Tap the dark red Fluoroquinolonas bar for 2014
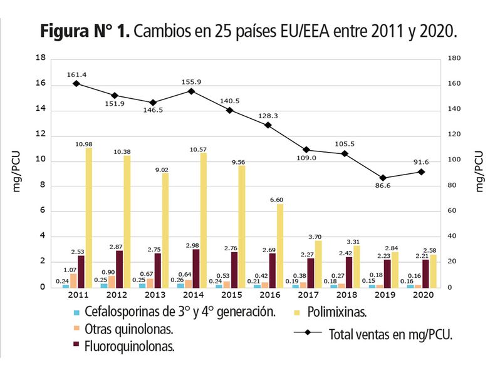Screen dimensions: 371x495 (195, 268)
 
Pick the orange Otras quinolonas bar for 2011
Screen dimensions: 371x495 (73, 280)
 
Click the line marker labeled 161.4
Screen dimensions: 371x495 (76, 83)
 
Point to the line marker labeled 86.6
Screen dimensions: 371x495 (383, 178)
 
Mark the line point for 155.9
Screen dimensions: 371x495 (191, 91)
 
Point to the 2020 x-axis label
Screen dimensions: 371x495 (421, 295)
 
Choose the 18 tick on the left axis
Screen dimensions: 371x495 (41, 58)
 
